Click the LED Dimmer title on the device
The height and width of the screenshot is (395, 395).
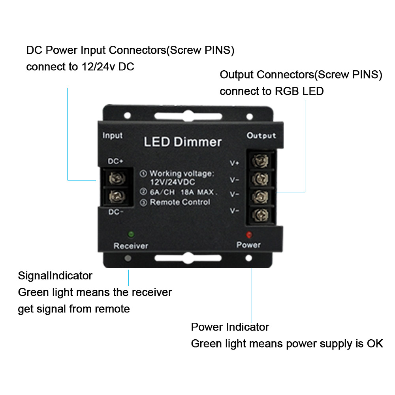[182, 142]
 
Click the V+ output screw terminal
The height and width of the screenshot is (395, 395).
[260, 161]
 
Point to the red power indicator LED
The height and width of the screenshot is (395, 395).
[249, 235]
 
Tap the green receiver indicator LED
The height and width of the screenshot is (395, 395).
[131, 234]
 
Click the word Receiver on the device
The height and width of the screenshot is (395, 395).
[131, 246]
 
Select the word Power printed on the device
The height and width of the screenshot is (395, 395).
[248, 245]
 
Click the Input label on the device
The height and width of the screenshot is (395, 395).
[113, 135]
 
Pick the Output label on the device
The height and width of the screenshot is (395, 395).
[261, 135]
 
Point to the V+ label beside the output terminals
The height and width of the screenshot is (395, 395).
[235, 162]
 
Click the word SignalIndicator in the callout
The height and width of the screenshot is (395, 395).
[55, 275]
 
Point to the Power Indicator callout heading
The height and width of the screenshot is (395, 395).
[230, 327]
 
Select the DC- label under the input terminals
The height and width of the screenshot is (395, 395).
[116, 212]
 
